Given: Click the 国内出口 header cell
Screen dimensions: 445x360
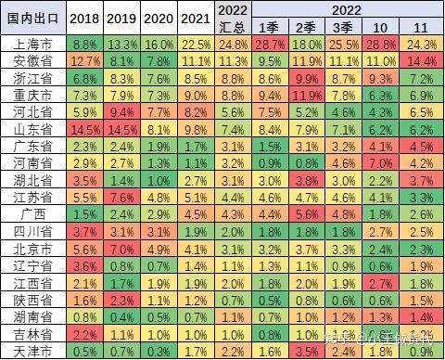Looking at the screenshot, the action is coord(33,19).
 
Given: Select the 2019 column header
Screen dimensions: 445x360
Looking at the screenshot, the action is coord(121,19).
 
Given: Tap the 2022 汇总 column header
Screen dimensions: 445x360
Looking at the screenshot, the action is coord(233,19).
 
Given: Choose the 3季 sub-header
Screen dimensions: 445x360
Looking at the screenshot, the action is coord(343,27).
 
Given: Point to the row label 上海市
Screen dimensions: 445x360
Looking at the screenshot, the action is coord(33,45).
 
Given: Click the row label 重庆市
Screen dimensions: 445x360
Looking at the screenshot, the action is coord(33,95).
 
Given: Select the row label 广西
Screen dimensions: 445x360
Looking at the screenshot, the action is coord(33,214).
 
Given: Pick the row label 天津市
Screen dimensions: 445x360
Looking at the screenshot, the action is coord(33,352).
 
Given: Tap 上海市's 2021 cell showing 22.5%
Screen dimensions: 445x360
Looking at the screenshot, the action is coord(196,45).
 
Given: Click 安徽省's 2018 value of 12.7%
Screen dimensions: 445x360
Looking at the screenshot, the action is coord(84,61).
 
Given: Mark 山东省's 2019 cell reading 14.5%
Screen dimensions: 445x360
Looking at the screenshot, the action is coord(121,129).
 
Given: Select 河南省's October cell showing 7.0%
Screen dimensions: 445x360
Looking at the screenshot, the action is coord(380,163).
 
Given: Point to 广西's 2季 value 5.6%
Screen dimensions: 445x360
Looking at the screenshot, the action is coord(307,214).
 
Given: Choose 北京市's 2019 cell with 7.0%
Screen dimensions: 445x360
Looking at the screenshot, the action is coord(121,249).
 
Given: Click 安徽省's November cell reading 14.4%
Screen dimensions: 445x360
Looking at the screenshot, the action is coord(422,61).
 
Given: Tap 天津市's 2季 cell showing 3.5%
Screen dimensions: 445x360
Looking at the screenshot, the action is coord(307,352).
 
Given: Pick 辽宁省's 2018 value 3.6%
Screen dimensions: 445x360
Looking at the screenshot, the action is coord(84,265).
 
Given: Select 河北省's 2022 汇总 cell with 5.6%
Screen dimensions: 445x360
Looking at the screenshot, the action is coord(233,112).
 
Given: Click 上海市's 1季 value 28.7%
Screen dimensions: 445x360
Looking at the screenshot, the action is coord(270,45).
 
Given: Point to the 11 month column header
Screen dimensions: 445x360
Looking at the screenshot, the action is coord(422,27).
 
